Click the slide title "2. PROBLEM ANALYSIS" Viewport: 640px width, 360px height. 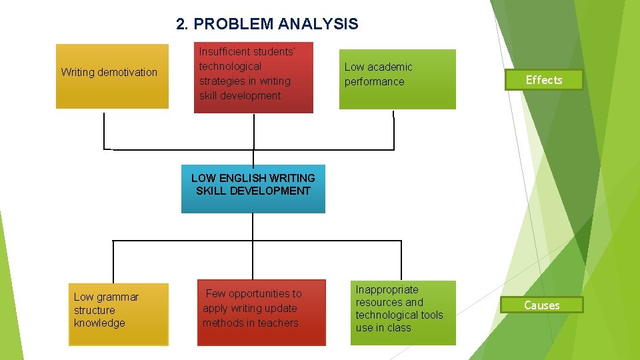point(267,25)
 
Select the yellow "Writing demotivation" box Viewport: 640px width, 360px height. point(112,76)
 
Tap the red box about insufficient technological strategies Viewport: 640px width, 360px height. point(253,77)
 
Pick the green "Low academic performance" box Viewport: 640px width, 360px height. point(397,79)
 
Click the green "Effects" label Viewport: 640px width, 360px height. point(543,80)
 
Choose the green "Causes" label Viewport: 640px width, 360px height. point(542,305)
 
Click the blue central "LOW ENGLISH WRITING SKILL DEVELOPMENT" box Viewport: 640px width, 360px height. point(253,189)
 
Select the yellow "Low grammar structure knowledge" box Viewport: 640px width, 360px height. point(118,315)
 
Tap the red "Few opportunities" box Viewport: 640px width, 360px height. point(262,313)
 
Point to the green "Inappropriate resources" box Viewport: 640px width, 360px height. point(405,312)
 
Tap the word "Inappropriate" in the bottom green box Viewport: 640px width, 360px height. point(387,289)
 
